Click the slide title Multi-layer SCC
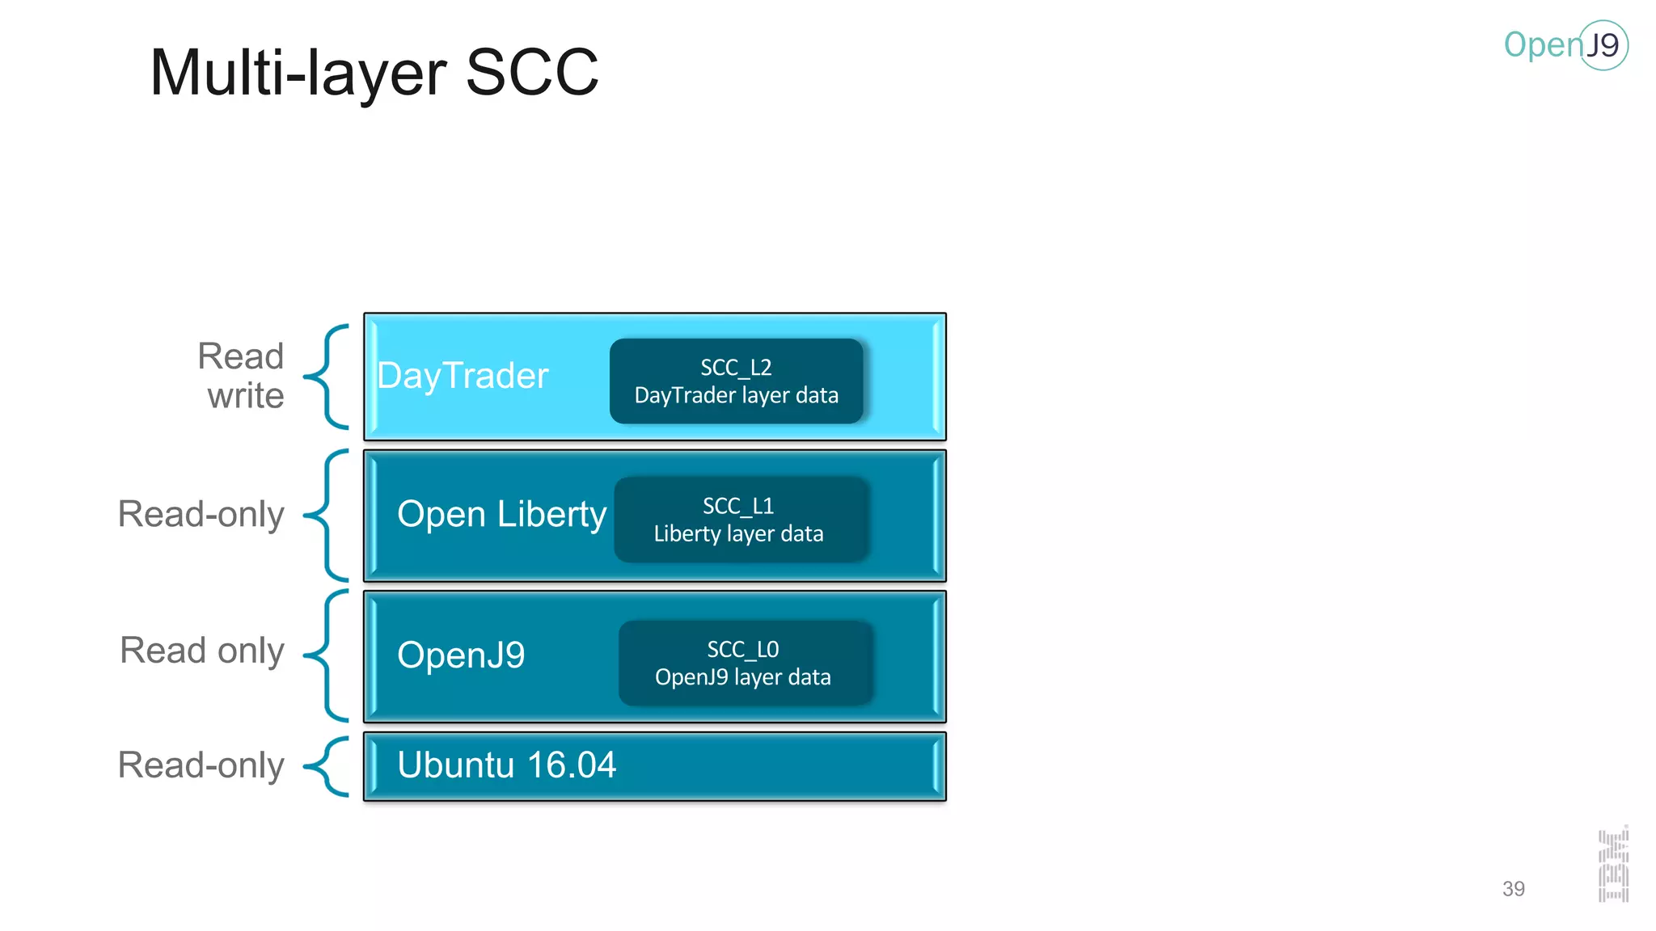pyautogui.click(x=374, y=73)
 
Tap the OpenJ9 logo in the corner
pyautogui.click(x=1565, y=45)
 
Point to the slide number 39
pyautogui.click(x=1513, y=889)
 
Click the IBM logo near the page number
pyautogui.click(x=1613, y=866)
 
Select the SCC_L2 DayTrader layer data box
pyautogui.click(x=736, y=381)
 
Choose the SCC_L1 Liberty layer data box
pyautogui.click(x=740, y=520)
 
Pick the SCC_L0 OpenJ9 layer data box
pyautogui.click(x=744, y=663)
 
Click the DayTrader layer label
pyautogui.click(x=463, y=377)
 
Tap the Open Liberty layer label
pyautogui.click(x=501, y=515)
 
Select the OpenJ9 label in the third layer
pyautogui.click(x=461, y=655)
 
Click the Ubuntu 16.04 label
pyautogui.click(x=506, y=765)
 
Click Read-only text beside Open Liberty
pyautogui.click(x=201, y=515)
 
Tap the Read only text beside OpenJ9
pyautogui.click(x=202, y=651)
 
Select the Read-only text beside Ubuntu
pyautogui.click(x=201, y=765)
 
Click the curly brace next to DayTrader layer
pyautogui.click(x=327, y=377)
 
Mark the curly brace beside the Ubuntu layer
pyautogui.click(x=327, y=766)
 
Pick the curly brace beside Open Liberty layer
pyautogui.click(x=327, y=516)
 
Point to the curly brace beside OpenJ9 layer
pyautogui.click(x=327, y=655)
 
